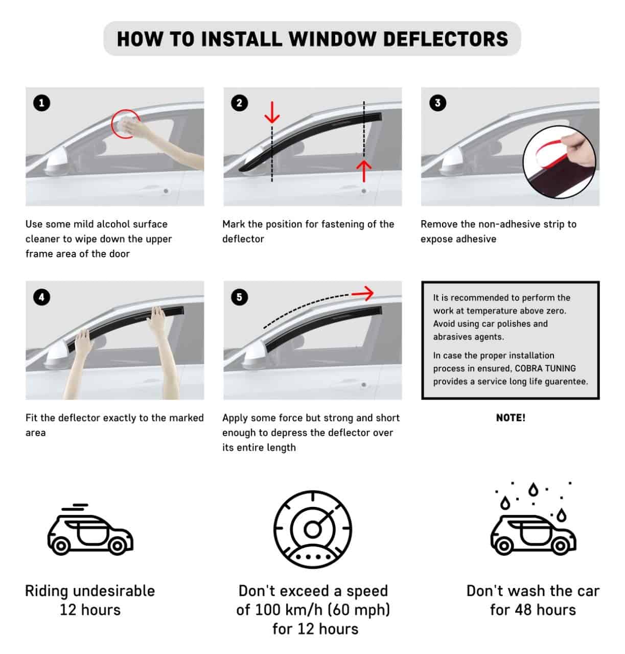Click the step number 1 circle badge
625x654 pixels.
(x=41, y=103)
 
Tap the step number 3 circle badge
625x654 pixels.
(x=437, y=103)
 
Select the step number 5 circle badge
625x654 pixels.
(x=239, y=297)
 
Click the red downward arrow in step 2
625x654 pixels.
(x=272, y=112)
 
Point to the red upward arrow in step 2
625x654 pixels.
(x=363, y=171)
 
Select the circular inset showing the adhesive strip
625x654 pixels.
(x=559, y=162)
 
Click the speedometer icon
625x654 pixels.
(x=313, y=529)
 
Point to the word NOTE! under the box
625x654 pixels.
(x=511, y=417)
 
